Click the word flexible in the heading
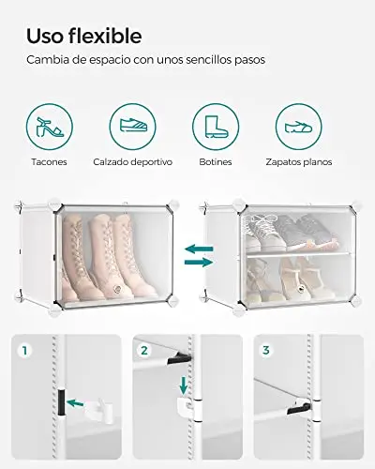click(105, 36)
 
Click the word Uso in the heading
click(45, 37)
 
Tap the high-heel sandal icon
click(50, 127)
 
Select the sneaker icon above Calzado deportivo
click(132, 127)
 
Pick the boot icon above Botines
click(216, 127)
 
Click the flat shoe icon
click(299, 127)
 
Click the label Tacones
click(49, 162)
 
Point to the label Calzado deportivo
click(133, 162)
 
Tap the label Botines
click(216, 162)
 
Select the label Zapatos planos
click(299, 162)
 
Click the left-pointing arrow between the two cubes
click(199, 250)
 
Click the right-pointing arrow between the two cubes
click(199, 262)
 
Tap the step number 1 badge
click(24, 350)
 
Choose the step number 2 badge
click(144, 350)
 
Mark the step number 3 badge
click(265, 350)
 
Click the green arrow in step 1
click(75, 403)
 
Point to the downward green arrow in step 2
click(184, 386)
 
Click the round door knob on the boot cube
click(117, 289)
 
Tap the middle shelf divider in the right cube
click(298, 254)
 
